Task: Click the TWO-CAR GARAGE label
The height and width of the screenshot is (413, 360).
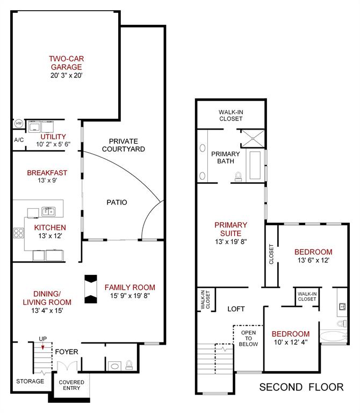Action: tap(66, 63)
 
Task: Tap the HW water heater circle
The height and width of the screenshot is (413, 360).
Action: tap(19, 124)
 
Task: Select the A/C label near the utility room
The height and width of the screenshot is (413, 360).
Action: tap(19, 140)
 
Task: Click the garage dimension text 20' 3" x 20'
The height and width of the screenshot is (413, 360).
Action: tap(66, 75)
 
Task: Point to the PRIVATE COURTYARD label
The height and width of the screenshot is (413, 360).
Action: tap(124, 145)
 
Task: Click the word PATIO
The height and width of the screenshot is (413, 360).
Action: tap(117, 202)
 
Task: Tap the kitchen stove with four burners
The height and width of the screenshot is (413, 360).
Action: tap(19, 233)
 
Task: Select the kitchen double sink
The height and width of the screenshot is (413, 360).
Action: tap(48, 211)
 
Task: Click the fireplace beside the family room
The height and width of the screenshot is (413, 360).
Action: tap(91, 289)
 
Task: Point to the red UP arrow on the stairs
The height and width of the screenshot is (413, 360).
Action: tap(42, 348)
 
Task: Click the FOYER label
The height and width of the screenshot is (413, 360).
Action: tap(67, 352)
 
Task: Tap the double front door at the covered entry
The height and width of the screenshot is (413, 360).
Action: tap(67, 366)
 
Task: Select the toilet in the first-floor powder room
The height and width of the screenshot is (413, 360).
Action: tap(129, 365)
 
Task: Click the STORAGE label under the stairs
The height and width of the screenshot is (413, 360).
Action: tap(30, 381)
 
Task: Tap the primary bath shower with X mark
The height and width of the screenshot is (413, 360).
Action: tap(253, 138)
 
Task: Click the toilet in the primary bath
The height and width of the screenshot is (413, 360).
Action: tap(238, 176)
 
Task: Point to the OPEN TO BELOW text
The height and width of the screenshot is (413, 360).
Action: tap(248, 338)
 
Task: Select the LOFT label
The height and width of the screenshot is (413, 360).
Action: tap(236, 309)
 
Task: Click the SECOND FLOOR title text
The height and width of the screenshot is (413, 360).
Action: tap(301, 387)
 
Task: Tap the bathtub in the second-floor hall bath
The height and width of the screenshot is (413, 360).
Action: tap(333, 337)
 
